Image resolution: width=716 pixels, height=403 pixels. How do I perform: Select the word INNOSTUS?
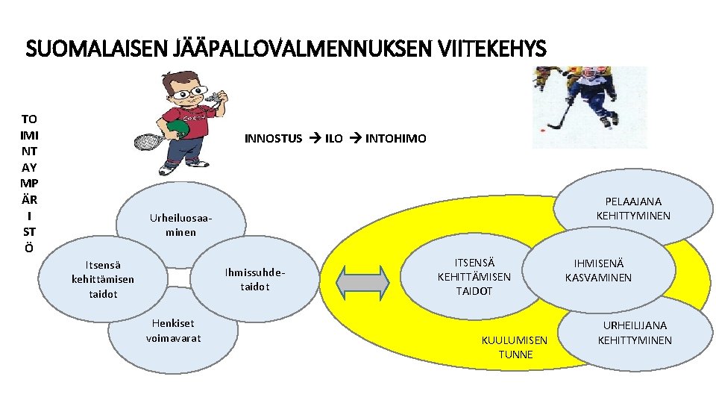point(274,138)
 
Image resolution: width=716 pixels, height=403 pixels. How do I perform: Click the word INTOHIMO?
point(395,138)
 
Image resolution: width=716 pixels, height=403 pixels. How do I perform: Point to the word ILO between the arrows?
point(333,138)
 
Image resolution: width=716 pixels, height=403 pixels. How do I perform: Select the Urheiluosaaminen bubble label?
point(181,225)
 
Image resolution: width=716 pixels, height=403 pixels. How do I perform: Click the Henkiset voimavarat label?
point(173,331)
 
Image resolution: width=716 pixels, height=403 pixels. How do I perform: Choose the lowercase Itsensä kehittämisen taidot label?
point(103,279)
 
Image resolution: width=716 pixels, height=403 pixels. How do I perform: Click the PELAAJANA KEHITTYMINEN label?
point(633,208)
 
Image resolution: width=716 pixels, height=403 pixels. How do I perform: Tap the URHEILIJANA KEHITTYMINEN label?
point(635,333)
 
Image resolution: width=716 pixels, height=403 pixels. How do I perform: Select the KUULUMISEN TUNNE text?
point(515,347)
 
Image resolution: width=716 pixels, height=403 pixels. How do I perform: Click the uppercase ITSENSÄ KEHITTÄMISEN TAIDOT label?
point(474,276)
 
